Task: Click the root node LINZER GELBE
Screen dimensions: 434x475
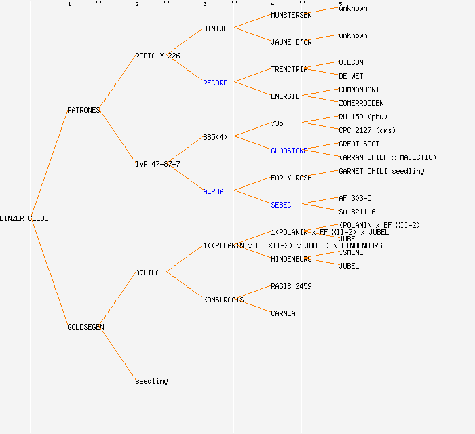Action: (24, 218)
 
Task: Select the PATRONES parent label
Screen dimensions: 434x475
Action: (83, 110)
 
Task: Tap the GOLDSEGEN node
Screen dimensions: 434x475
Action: (85, 327)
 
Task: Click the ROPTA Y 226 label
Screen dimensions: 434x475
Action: (157, 56)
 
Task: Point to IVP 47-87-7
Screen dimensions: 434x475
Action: (157, 164)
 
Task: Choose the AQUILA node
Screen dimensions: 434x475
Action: (147, 273)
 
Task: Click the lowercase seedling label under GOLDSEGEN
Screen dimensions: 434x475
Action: (151, 381)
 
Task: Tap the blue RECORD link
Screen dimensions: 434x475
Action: (215, 83)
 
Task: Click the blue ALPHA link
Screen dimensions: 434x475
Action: (213, 191)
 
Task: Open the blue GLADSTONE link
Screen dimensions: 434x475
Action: (289, 151)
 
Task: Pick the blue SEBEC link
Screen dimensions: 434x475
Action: (281, 205)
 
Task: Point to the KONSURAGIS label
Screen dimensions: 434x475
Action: (223, 300)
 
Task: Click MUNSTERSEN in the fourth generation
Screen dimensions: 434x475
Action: (291, 15)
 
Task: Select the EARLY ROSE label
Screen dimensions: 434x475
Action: (291, 178)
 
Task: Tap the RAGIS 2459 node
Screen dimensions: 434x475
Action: (291, 286)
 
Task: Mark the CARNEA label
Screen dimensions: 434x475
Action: (283, 313)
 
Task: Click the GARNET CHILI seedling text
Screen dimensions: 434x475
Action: (381, 171)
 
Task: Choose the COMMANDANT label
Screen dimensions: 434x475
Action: (359, 90)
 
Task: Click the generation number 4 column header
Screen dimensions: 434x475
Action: (272, 5)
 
